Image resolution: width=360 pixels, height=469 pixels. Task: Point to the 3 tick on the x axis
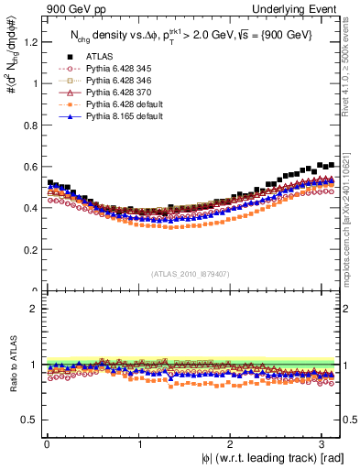point(325,444)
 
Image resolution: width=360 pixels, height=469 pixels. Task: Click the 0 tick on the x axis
point(46,444)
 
